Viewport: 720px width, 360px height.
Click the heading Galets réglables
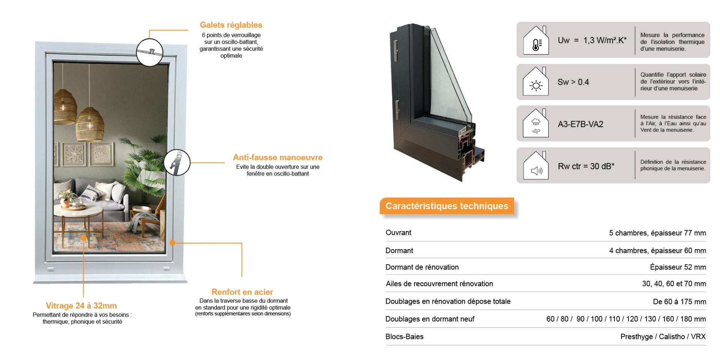pos(231,25)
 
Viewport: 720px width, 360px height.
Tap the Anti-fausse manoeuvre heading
pos(277,157)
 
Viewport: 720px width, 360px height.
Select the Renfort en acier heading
pos(242,292)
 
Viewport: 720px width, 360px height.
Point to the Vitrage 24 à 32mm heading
pos(81,306)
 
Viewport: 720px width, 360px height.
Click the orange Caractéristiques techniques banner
pos(447,206)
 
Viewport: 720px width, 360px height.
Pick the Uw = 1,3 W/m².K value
pos(592,40)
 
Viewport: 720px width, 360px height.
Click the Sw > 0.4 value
pos(573,82)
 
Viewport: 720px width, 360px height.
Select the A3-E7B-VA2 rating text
pos(580,124)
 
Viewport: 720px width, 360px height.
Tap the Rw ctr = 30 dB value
pos(586,166)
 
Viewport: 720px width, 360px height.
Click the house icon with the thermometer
pos(536,40)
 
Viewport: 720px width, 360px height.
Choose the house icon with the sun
pos(536,82)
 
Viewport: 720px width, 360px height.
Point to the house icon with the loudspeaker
pos(536,166)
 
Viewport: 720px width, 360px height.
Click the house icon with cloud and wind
pos(536,124)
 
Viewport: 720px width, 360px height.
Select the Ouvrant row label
pos(398,232)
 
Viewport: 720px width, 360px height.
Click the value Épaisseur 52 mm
pos(678,267)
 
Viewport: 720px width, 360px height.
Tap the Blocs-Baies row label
pos(404,337)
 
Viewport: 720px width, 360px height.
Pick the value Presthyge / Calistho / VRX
pos(663,337)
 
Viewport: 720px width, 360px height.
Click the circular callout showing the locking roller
pos(149,52)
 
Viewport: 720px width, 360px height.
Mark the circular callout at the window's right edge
pos(177,162)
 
